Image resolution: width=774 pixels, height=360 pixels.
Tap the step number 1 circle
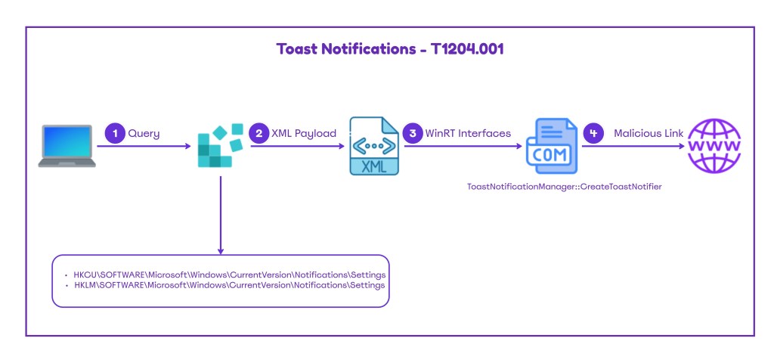tap(114, 133)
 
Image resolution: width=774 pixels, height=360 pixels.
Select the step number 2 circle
tap(259, 133)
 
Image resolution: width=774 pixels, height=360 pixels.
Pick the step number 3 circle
tap(413, 133)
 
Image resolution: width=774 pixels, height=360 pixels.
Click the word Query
tap(144, 133)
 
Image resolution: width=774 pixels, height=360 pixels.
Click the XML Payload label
tap(303, 133)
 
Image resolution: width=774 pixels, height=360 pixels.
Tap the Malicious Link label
tap(649, 133)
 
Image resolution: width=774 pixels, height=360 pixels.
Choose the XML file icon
tap(373, 146)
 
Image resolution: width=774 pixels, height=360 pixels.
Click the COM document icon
tap(553, 146)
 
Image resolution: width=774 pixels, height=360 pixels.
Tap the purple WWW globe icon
tap(713, 146)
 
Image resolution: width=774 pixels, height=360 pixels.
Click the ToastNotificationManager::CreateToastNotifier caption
tap(565, 185)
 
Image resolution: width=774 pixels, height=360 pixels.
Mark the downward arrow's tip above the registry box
tap(220, 252)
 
